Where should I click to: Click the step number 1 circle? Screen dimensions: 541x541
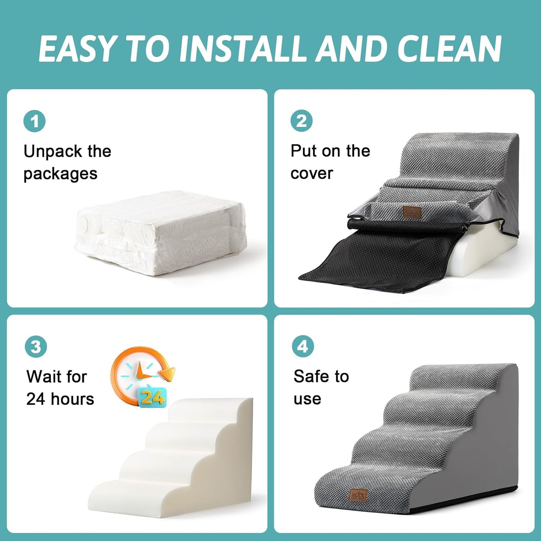(x=34, y=121)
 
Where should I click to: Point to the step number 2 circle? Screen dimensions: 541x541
(x=301, y=121)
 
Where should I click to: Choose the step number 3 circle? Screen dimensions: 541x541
(x=36, y=347)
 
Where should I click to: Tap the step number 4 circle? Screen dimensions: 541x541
(x=303, y=346)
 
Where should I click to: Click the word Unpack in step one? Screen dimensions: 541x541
(x=53, y=152)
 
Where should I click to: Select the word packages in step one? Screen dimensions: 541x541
(x=60, y=174)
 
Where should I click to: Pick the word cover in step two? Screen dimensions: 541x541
(x=311, y=173)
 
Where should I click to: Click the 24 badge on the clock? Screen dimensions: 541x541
(x=152, y=398)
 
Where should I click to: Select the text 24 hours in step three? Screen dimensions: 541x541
(x=60, y=399)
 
